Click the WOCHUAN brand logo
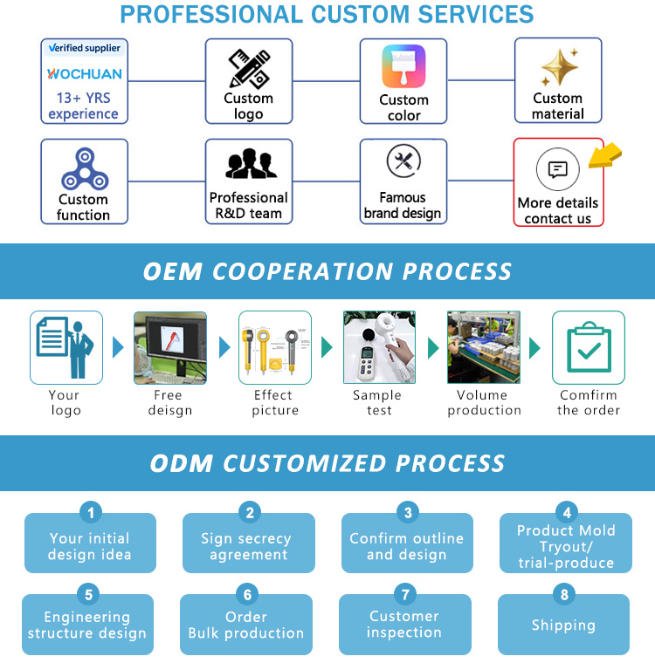pos(84,73)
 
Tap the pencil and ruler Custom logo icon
pos(249,68)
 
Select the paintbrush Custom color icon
pos(403,66)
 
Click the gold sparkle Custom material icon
pos(559,67)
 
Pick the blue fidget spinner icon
pos(84,169)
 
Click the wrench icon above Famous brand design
pos(403,161)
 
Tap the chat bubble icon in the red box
pos(557,169)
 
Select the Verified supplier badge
pos(84,48)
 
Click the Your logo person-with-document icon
pos(65,347)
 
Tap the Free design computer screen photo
pos(170,347)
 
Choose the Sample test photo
pos(379,347)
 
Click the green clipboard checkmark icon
pos(588,347)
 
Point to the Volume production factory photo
pos(484,347)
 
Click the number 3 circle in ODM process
pos(407,513)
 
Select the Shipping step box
pos(563,626)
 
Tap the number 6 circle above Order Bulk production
pos(248,595)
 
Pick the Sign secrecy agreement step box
pos(248,547)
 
